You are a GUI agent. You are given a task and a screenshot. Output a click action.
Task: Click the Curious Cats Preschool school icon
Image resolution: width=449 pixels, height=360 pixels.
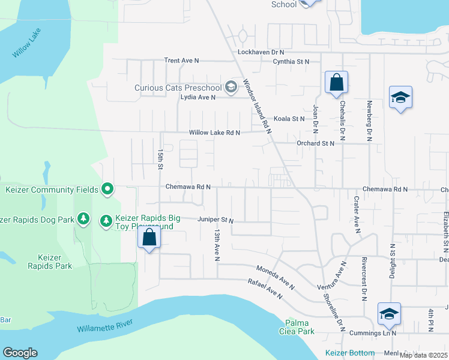pos(231,88)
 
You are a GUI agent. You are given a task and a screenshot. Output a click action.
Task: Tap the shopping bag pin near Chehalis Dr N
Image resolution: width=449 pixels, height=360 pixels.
pos(337,83)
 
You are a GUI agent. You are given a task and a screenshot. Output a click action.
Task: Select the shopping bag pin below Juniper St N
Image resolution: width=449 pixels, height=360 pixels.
pos(149,238)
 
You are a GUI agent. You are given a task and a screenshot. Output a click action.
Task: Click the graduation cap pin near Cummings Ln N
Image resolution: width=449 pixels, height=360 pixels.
pos(389,314)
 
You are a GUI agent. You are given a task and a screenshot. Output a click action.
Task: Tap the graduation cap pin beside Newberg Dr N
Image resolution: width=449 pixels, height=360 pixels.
pos(400,98)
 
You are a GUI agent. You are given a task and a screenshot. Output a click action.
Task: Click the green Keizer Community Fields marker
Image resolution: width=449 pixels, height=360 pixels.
pos(107,190)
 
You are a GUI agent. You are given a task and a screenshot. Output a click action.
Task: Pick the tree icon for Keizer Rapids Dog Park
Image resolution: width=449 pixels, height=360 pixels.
pos(85,220)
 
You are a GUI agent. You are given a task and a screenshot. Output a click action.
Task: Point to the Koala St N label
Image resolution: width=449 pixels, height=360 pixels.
pos(289,119)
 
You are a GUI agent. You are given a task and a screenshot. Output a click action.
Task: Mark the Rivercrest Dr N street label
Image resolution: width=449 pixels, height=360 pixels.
pos(364,279)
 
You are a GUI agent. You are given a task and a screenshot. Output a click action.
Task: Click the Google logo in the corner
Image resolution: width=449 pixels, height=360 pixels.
pos(20,353)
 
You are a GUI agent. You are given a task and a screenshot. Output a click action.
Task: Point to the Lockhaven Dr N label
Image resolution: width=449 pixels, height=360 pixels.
pos(265,52)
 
